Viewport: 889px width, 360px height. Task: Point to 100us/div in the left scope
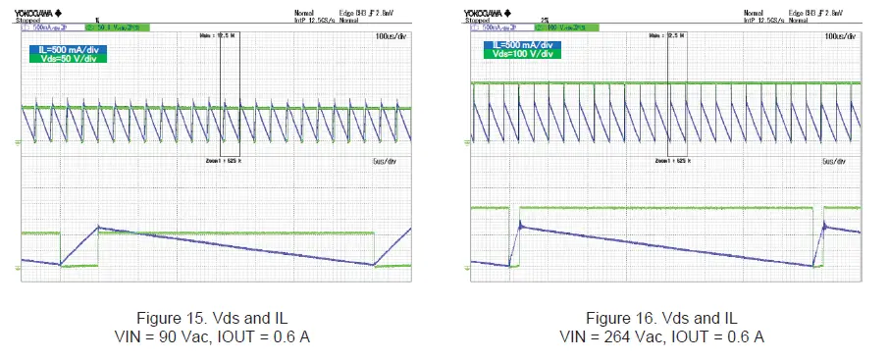[390, 35]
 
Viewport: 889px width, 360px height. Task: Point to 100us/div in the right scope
[842, 35]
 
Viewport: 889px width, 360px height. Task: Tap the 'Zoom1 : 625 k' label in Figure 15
[222, 160]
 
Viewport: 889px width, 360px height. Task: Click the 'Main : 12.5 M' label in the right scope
[673, 35]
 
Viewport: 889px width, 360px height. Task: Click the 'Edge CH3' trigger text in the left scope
[342, 12]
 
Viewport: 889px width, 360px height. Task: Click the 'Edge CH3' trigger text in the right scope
[794, 12]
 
